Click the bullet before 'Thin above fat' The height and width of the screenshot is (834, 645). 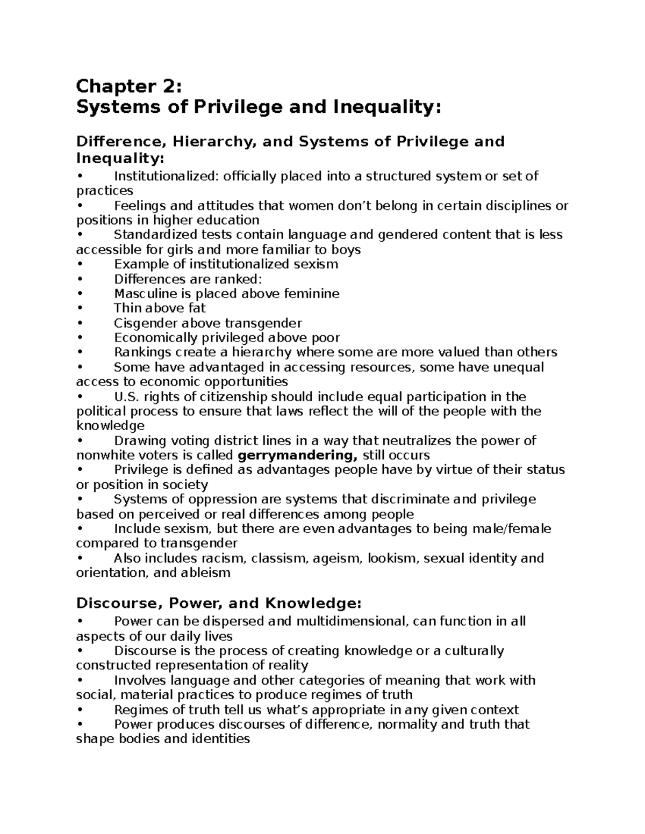pyautogui.click(x=80, y=309)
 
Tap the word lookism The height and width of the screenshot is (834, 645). pyautogui.click(x=392, y=559)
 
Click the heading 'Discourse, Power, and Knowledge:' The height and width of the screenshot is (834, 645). pyautogui.click(x=216, y=604)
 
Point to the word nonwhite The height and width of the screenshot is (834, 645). pyautogui.click(x=102, y=455)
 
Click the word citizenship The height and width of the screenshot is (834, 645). pyautogui.click(x=233, y=397)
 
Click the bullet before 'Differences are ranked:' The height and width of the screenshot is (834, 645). pyautogui.click(x=80, y=279)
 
